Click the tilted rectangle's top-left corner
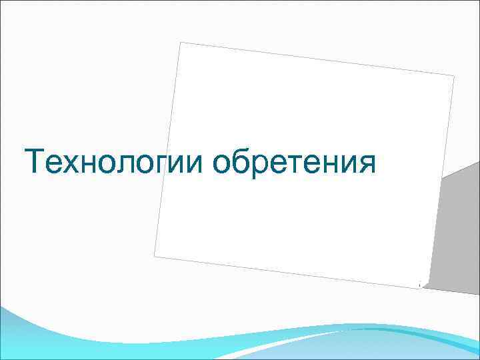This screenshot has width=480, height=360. point(181,43)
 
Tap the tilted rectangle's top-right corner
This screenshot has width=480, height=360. point(453,76)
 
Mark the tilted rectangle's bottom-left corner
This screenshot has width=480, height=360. point(155,255)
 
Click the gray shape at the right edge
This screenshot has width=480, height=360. point(457,227)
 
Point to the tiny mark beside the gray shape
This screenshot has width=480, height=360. point(419,285)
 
